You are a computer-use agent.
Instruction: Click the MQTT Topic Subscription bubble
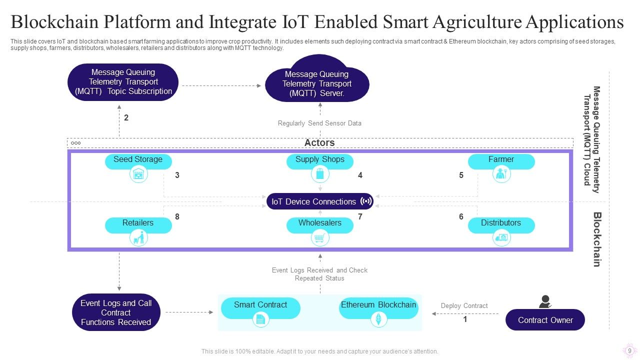(123, 81)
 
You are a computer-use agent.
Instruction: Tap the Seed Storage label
(138, 160)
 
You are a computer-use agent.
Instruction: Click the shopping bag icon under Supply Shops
(320, 174)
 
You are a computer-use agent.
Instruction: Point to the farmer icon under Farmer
(501, 174)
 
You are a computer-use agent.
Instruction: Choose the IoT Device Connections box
(320, 201)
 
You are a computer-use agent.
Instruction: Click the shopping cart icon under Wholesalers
(320, 238)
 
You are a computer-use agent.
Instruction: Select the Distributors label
(501, 223)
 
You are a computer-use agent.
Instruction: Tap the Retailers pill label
(138, 223)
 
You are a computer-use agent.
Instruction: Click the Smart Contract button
(260, 305)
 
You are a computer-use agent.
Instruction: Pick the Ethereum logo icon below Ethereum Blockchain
(378, 319)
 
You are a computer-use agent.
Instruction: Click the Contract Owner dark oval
(545, 320)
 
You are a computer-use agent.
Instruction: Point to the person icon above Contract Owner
(545, 301)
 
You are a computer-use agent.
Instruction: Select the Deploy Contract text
(464, 305)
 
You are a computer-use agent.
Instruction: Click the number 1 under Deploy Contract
(465, 319)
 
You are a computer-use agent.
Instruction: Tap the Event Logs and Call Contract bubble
(116, 312)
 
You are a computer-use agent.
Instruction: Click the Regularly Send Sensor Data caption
(319, 123)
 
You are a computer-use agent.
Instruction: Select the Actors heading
(319, 143)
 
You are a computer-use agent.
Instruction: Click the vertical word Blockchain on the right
(596, 239)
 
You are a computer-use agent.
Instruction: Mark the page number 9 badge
(629, 350)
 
